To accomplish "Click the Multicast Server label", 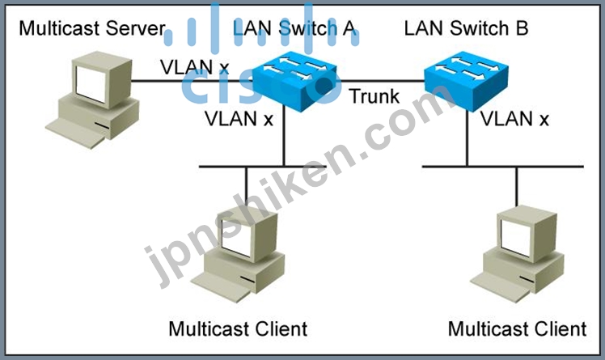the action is [x=92, y=28].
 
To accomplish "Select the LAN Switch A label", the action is [x=294, y=28].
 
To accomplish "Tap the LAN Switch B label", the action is [x=466, y=28].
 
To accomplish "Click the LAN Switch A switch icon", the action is [x=294, y=82].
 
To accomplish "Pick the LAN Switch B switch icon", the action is [x=466, y=82].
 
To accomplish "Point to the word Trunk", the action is [x=374, y=96].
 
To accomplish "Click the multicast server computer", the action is [x=92, y=100].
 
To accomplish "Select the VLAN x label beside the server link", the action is [x=194, y=67].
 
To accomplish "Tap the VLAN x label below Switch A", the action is [x=239, y=118].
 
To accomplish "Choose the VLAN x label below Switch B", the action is [x=514, y=118].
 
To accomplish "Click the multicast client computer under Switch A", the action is [x=238, y=254].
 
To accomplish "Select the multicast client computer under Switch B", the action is [x=517, y=253].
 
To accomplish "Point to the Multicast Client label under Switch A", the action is [x=238, y=329].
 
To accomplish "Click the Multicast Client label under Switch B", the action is [x=517, y=329].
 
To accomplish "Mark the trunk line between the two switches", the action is [x=380, y=81].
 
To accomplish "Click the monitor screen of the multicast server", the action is [x=91, y=84].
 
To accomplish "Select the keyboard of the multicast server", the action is [x=76, y=133].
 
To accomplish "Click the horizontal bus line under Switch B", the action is [x=503, y=167].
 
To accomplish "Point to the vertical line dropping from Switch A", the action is [x=284, y=136].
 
